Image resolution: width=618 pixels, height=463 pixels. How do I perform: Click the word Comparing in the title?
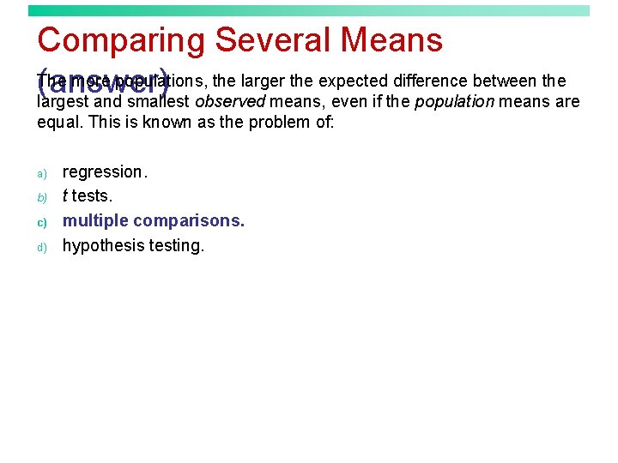[121, 41]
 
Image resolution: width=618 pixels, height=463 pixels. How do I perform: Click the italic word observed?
[229, 102]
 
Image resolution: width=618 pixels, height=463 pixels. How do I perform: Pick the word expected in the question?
[351, 81]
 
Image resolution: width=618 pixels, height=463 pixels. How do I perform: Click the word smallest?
[159, 102]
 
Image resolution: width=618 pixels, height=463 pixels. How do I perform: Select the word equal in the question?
[57, 122]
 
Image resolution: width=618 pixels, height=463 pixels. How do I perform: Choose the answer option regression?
[105, 172]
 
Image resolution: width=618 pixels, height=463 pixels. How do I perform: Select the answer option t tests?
[88, 196]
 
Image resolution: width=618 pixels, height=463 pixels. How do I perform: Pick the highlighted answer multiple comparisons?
[154, 220]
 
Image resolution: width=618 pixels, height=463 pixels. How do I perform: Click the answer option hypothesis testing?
[133, 246]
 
